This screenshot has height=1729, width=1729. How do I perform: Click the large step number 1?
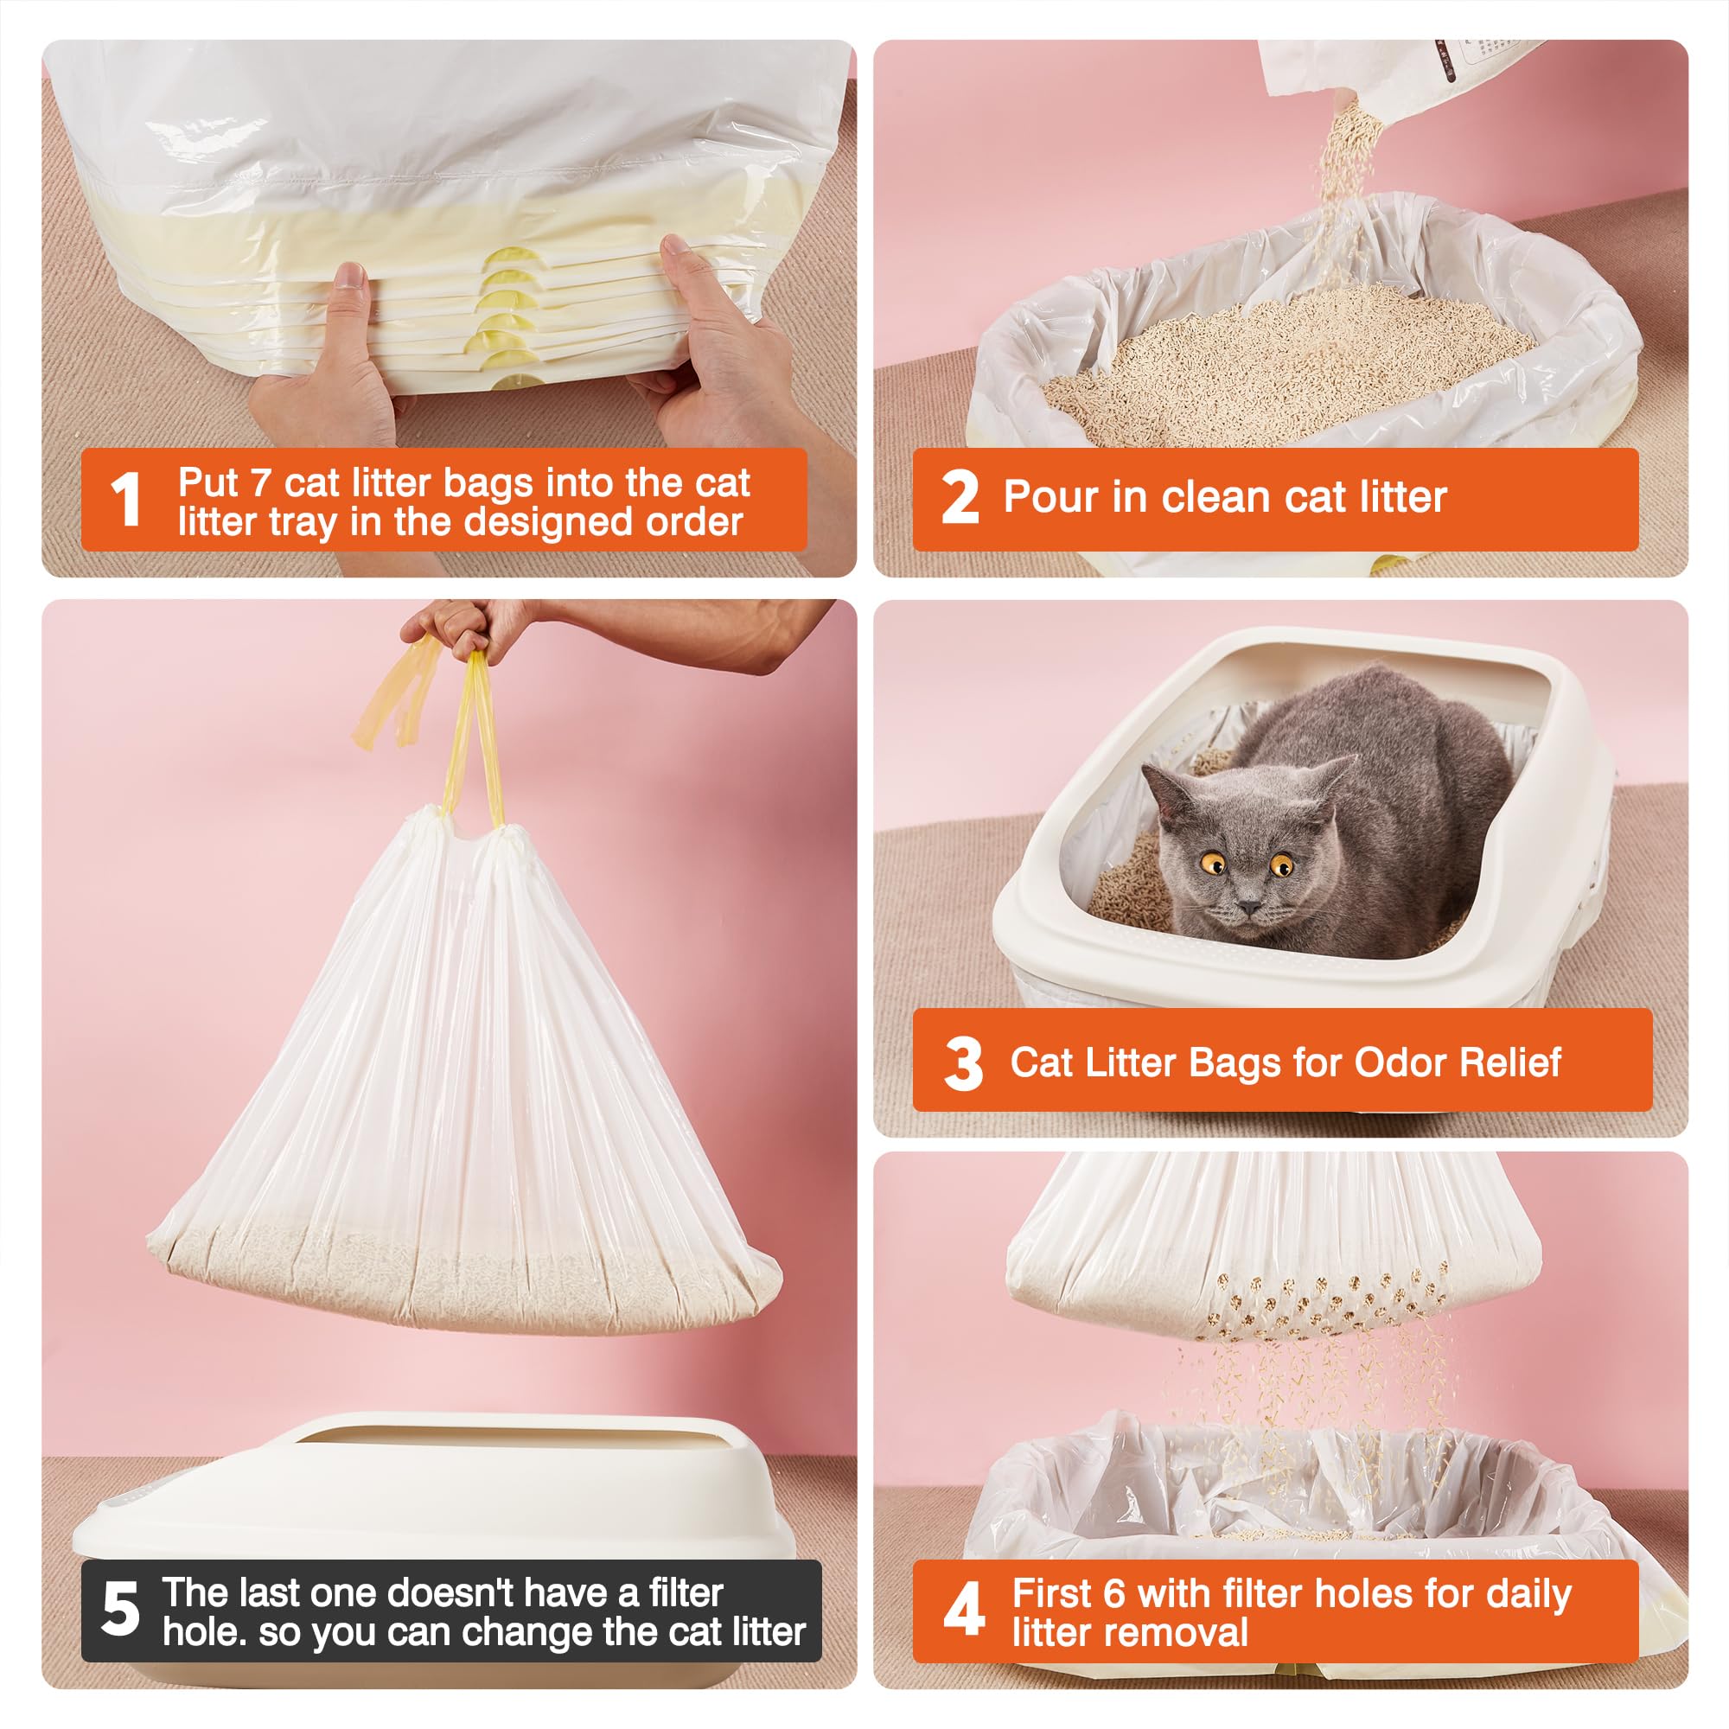click(x=126, y=501)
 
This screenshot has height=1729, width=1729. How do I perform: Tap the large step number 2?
click(x=960, y=499)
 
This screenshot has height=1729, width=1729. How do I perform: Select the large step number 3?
click(x=963, y=1064)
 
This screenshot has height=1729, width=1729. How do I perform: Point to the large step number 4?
click(x=963, y=1611)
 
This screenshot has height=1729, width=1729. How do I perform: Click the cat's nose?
click(x=1250, y=908)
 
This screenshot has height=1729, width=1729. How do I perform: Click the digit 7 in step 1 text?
click(x=260, y=483)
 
